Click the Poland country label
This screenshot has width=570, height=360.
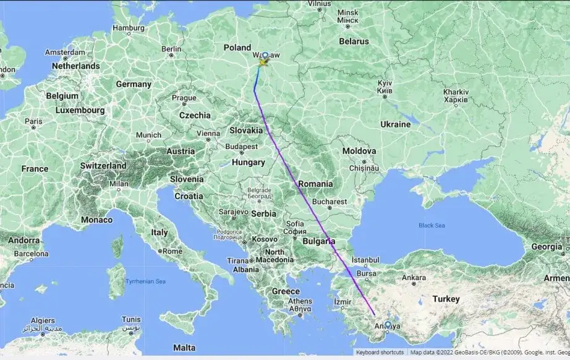pyautogui.click(x=237, y=48)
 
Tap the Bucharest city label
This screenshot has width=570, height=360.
pyautogui.click(x=329, y=202)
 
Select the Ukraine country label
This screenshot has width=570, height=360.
pyautogui.click(x=395, y=124)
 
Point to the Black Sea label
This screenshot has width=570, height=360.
pyautogui.click(x=432, y=226)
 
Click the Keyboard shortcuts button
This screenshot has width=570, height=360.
pyautogui.click(x=380, y=352)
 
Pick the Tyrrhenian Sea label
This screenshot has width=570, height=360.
pyautogui.click(x=146, y=281)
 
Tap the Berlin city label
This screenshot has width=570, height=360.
pyautogui.click(x=171, y=49)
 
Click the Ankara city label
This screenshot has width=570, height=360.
pyautogui.click(x=415, y=278)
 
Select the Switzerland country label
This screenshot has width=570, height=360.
pyautogui.click(x=103, y=166)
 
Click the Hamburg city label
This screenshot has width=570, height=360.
pyautogui.click(x=128, y=28)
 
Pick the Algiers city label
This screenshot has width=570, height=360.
pyautogui.click(x=41, y=321)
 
